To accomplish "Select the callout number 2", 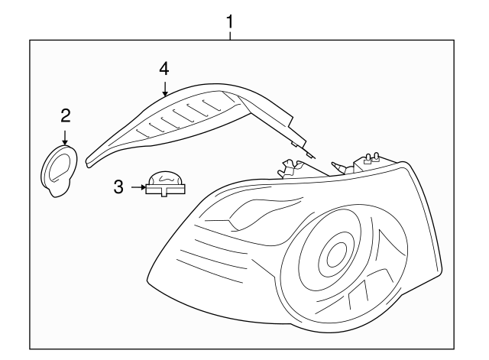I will (65, 116).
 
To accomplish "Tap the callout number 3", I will (118, 186).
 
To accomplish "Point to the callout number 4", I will (164, 68).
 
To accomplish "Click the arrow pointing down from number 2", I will (65, 138).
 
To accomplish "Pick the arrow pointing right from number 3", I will (138, 186).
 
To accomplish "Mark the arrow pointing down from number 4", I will (164, 89).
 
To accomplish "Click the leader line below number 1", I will (228, 36).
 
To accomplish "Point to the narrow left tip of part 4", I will (92, 160).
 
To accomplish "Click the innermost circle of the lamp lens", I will (334, 255).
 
